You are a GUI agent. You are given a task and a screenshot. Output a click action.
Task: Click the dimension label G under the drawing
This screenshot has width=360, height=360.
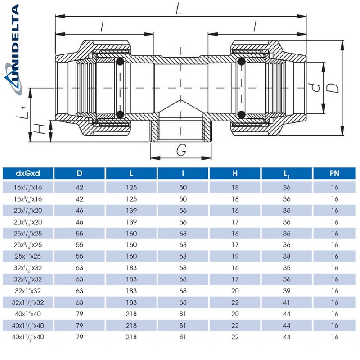click(181, 151)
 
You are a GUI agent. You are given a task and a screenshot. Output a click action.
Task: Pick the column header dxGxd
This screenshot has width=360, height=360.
click(28, 173)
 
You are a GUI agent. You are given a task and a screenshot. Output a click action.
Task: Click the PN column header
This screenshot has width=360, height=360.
click(334, 173)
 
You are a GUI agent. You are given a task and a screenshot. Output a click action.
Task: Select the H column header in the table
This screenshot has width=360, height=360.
click(234, 173)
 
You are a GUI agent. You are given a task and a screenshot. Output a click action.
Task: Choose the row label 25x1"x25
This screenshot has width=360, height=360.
click(28, 256)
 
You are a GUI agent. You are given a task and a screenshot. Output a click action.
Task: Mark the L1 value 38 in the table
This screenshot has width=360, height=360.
click(286, 256)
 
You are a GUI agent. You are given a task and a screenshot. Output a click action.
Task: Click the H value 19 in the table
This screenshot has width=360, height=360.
click(234, 256)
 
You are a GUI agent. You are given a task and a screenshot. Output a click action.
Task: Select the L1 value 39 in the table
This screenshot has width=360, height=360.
click(286, 291)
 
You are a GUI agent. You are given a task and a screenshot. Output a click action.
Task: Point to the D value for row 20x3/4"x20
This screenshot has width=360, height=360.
click(79, 221)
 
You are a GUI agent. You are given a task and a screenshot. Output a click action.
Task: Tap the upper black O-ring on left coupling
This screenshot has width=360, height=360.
click(120, 62)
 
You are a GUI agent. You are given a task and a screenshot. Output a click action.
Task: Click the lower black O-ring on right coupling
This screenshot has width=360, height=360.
click(241, 114)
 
